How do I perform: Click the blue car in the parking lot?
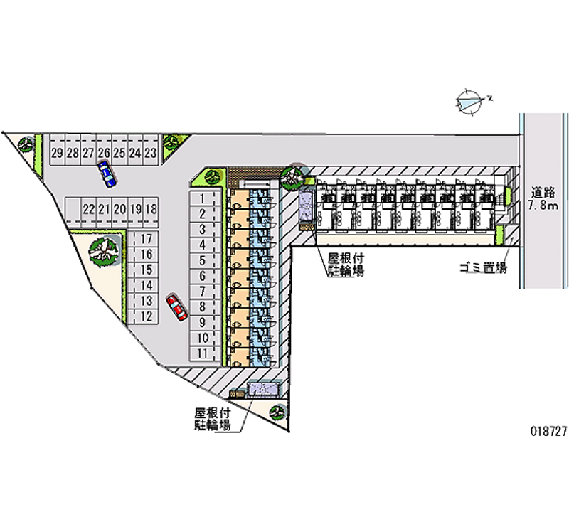tap(107, 173)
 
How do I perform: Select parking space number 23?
tap(150, 153)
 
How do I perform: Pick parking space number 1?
tap(203, 198)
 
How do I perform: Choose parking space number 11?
tap(203, 353)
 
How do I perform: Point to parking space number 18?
tap(150, 209)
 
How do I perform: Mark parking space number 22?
tap(88, 209)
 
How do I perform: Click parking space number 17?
tap(147, 239)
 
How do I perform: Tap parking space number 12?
tap(147, 316)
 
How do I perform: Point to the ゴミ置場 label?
tap(482, 268)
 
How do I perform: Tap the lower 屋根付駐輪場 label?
tap(213, 419)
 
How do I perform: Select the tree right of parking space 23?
tap(172, 142)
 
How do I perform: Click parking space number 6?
tap(203, 275)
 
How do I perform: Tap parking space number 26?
tap(103, 153)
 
